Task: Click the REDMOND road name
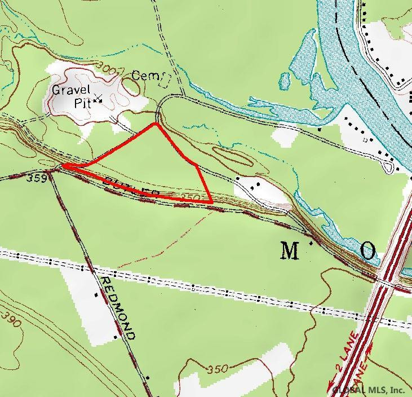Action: tap(117, 307)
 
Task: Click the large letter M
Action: tap(290, 252)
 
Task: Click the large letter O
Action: tap(367, 252)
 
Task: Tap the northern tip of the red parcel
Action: tap(155, 123)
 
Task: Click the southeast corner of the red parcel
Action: tap(211, 201)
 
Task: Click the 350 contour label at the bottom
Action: tap(217, 370)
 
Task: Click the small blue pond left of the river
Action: tap(285, 79)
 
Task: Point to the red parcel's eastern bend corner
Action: tap(196, 165)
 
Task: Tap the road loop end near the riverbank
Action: tap(389, 167)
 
